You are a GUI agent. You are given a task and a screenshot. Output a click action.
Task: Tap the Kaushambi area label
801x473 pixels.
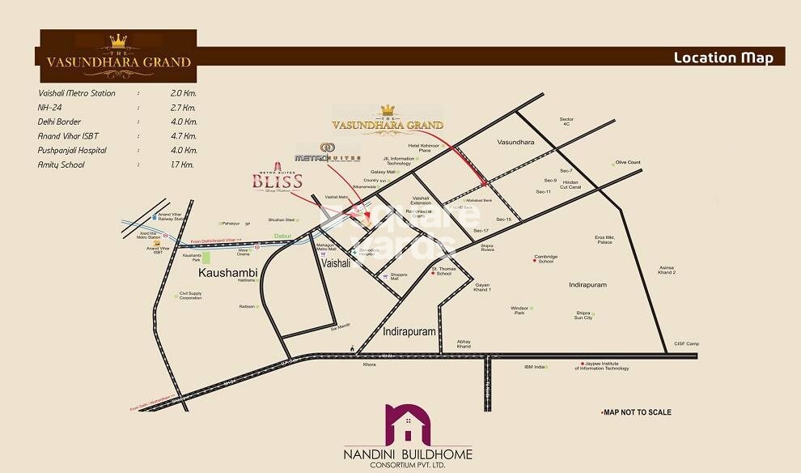coord(227,275)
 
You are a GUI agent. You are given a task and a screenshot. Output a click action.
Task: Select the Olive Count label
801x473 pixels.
coord(628,163)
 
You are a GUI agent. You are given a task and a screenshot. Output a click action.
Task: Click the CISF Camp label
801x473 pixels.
coord(686,344)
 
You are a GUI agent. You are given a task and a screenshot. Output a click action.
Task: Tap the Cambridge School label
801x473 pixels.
coord(545,259)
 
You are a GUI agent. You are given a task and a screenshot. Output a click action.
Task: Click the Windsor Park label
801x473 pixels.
coord(519,310)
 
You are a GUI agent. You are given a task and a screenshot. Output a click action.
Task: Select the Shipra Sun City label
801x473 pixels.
coord(583,315)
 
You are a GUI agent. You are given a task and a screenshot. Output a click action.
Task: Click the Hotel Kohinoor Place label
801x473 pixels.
coord(424,148)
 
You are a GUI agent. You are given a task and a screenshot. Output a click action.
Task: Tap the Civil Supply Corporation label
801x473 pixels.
coord(190,296)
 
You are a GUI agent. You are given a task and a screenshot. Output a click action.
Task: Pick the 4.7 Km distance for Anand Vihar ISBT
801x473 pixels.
coord(184,136)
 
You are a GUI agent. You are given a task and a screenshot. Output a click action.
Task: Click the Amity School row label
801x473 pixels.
coord(61,164)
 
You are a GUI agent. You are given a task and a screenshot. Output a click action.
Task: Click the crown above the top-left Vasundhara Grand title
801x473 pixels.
coord(120,40)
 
